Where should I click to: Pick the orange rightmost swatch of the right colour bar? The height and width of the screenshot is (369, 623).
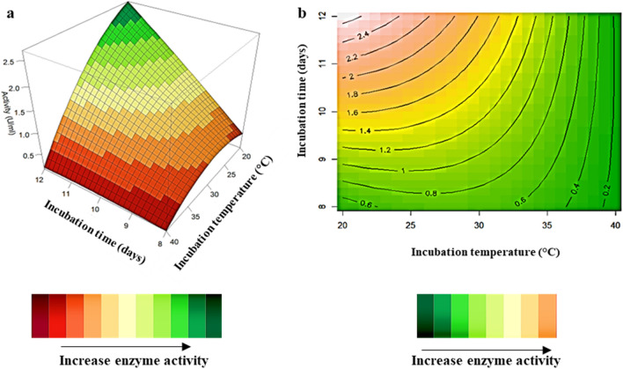tap(546, 315)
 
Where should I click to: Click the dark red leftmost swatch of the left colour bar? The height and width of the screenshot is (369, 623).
tap(40, 315)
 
